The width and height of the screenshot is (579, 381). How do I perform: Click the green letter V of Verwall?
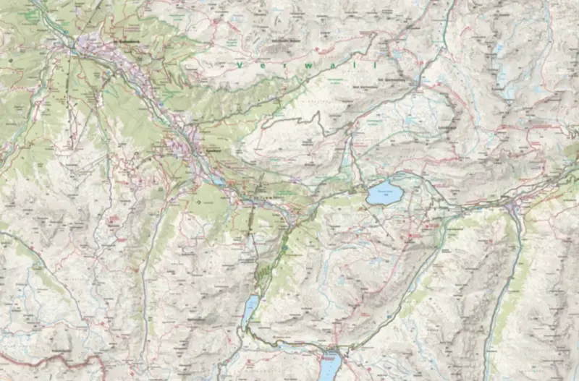[240, 64]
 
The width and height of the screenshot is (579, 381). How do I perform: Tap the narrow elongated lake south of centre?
[250, 309]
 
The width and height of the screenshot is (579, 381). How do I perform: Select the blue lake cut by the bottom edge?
[330, 364]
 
